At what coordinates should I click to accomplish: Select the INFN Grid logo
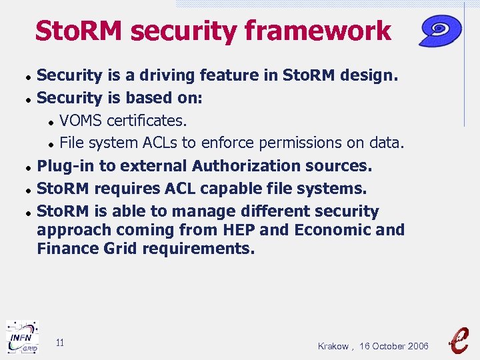coord(22,337)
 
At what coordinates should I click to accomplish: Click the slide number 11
coord(60,343)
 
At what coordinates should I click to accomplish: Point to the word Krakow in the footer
coord(333,346)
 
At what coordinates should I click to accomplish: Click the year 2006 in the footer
coord(417,346)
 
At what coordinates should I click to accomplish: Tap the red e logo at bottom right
coord(459,338)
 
